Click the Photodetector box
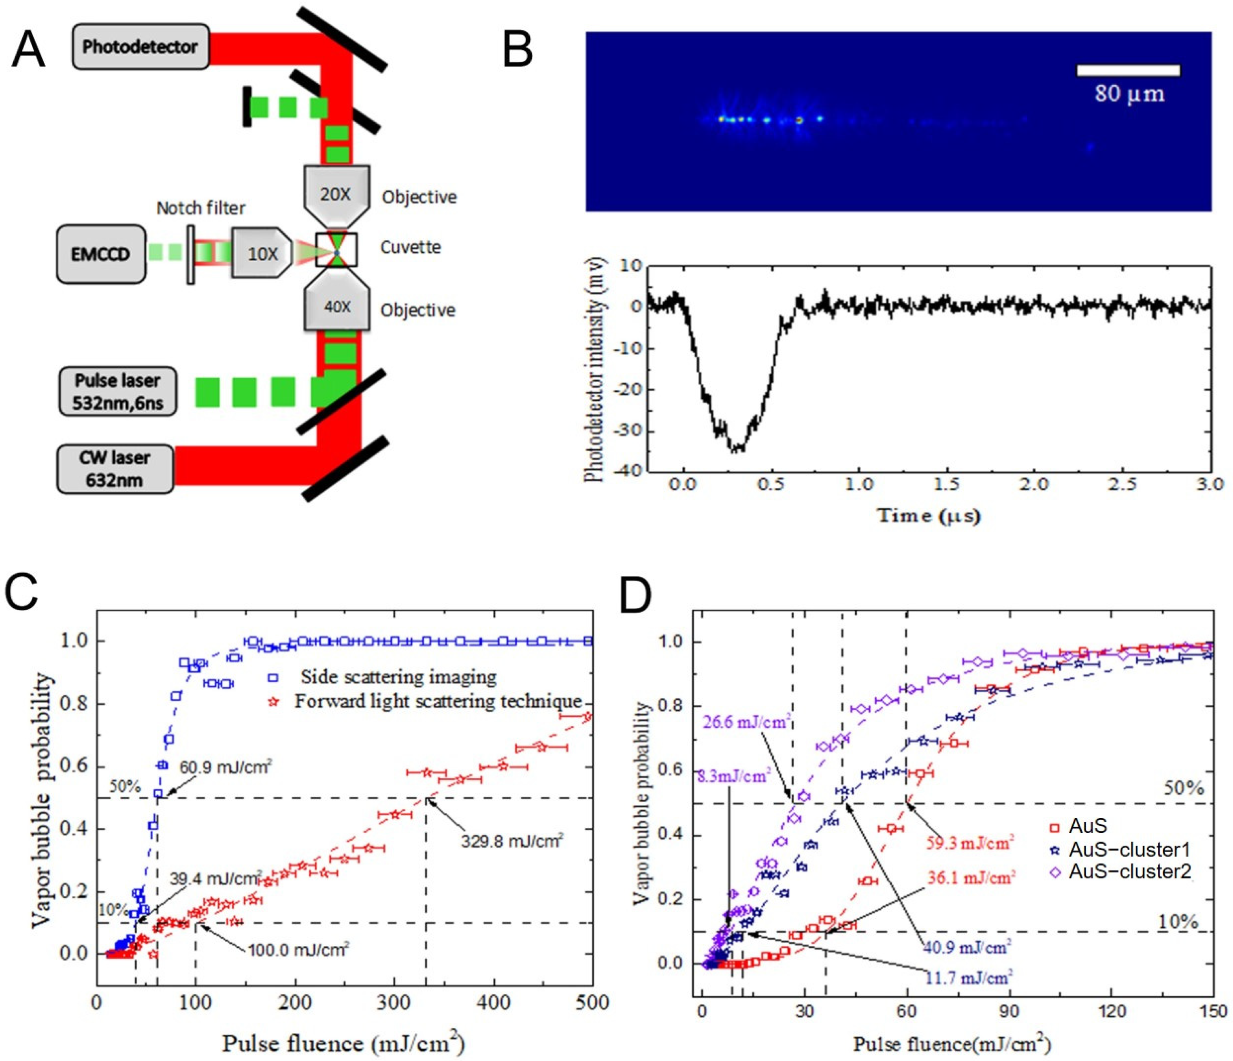[x=140, y=46]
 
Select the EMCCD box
[x=101, y=254]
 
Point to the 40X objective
[x=337, y=307]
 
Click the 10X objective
[x=262, y=254]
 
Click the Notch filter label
[x=201, y=208]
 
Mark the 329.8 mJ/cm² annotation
[x=512, y=840]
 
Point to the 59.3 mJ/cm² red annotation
[x=970, y=843]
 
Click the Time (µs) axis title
[x=929, y=516]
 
